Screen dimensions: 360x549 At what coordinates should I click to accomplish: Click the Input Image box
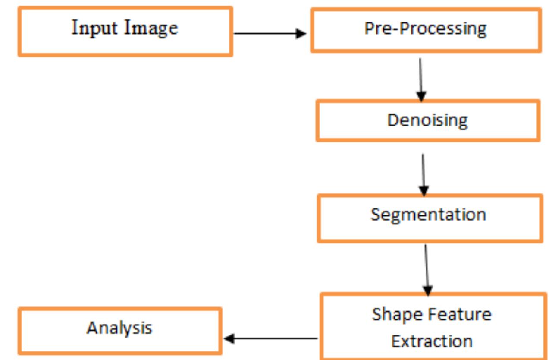click(x=125, y=32)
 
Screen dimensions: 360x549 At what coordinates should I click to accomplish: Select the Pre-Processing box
click(x=426, y=30)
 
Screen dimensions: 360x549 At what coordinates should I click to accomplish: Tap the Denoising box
click(x=427, y=120)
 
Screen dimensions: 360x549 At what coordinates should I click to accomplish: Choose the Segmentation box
click(x=430, y=218)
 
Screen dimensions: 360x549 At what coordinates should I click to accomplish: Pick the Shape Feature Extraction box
click(x=433, y=327)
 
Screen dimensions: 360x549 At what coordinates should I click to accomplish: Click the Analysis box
click(x=119, y=331)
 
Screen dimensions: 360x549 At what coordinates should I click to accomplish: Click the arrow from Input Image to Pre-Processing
click(x=270, y=34)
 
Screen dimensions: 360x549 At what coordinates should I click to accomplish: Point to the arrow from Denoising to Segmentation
click(x=424, y=174)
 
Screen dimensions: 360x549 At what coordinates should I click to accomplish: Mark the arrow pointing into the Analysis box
click(x=271, y=338)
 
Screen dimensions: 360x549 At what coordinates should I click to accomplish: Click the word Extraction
click(x=432, y=341)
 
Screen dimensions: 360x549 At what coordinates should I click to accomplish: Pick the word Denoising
click(x=427, y=120)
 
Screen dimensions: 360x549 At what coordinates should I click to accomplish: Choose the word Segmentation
click(x=428, y=215)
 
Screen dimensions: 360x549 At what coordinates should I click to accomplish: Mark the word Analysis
click(x=119, y=328)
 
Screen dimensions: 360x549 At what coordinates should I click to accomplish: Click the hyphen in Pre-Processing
click(x=390, y=29)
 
